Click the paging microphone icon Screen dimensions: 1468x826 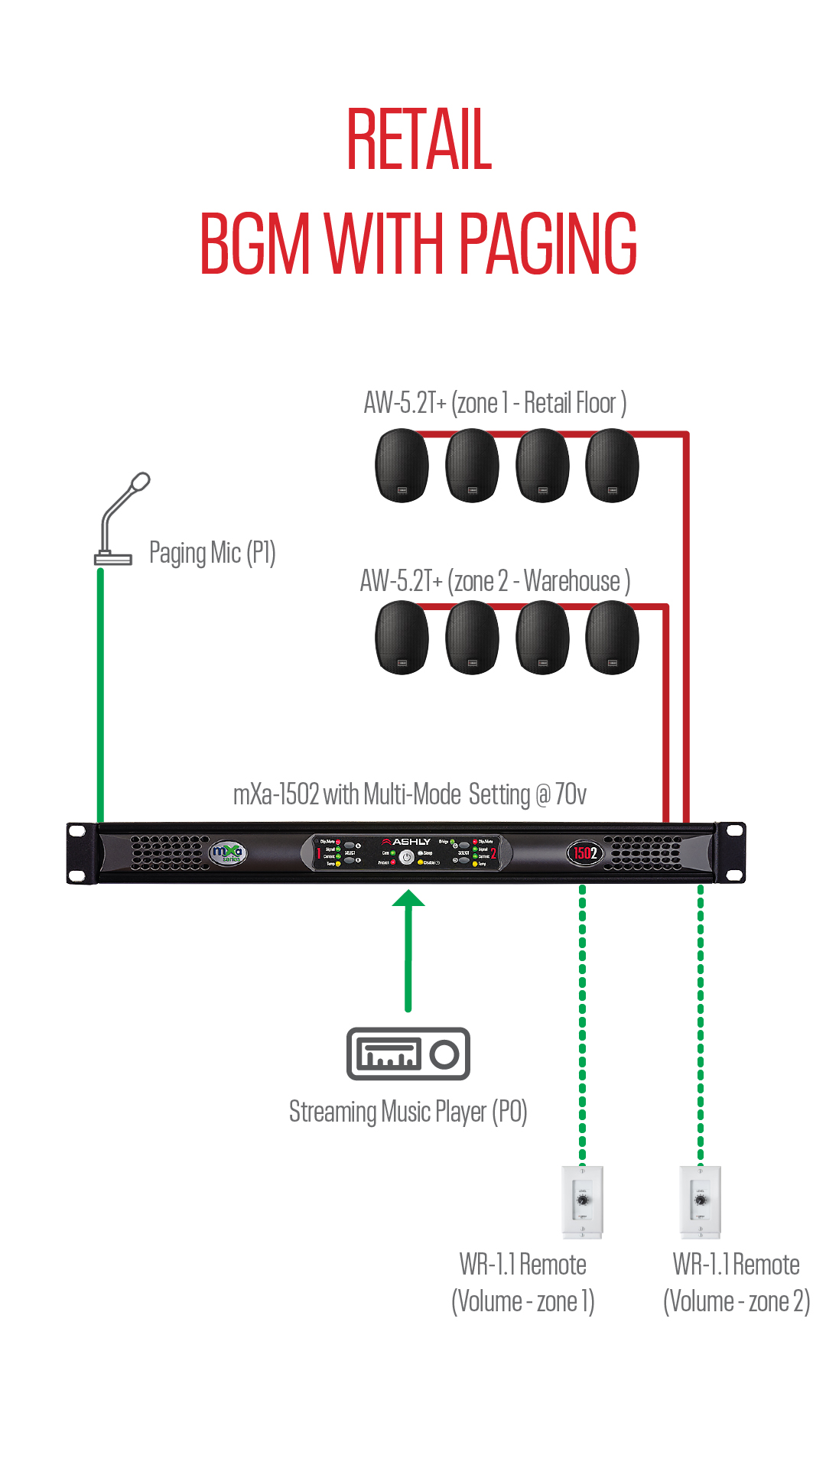(x=121, y=520)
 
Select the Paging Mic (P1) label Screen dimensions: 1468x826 (x=212, y=553)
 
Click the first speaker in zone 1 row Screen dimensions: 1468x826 (x=402, y=465)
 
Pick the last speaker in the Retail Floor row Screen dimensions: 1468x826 (x=612, y=465)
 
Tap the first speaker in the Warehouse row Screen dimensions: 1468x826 (x=402, y=637)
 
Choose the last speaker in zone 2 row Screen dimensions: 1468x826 (x=612, y=637)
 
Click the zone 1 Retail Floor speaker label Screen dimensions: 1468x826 (x=495, y=403)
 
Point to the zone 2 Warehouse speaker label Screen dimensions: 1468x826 (x=495, y=581)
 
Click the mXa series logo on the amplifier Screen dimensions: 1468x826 (x=227, y=853)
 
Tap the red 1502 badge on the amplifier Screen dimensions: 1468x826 (x=585, y=853)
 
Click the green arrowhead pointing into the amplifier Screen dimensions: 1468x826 (x=408, y=899)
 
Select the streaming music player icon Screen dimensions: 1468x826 (x=408, y=1054)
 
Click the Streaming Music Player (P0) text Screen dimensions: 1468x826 (x=408, y=1112)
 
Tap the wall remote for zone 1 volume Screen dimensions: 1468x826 (x=583, y=1201)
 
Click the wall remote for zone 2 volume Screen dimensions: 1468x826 (x=701, y=1201)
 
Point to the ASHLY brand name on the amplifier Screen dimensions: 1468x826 (x=411, y=842)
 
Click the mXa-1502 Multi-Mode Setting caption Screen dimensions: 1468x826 (x=410, y=794)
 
